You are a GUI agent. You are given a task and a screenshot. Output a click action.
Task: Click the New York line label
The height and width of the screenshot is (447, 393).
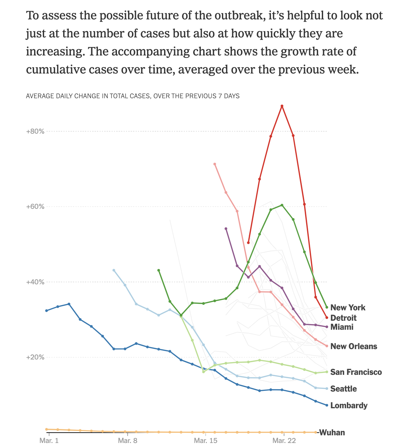(x=348, y=308)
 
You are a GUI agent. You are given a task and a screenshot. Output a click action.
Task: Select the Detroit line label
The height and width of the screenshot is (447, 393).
(x=343, y=318)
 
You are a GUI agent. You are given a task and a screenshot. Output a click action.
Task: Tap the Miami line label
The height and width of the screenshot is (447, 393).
(x=342, y=327)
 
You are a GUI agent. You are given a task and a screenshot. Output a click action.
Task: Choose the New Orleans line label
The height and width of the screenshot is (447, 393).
(x=354, y=346)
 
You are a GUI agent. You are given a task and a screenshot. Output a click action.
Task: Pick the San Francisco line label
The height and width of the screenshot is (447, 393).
(x=356, y=372)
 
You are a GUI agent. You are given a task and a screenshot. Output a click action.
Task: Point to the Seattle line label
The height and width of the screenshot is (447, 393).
(x=343, y=389)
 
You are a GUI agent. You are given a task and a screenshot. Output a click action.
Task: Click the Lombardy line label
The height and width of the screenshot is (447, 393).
(x=349, y=406)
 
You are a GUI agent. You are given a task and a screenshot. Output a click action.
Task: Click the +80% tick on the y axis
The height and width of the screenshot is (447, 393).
(x=35, y=131)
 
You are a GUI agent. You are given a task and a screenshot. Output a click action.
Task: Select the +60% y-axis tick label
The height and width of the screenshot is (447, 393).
(x=35, y=206)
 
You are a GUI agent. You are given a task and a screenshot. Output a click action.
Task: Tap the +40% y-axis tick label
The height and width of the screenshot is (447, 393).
(x=35, y=282)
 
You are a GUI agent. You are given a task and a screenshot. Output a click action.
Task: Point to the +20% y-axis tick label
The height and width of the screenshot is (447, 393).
(x=35, y=357)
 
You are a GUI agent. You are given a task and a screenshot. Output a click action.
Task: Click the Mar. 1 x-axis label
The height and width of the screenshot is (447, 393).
(x=49, y=441)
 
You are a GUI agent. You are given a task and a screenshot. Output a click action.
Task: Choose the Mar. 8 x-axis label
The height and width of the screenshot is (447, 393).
(x=127, y=441)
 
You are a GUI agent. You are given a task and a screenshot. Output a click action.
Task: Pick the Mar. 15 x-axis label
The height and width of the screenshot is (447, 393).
(x=206, y=441)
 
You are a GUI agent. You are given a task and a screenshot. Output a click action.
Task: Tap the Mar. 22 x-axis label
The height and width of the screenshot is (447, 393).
(x=284, y=441)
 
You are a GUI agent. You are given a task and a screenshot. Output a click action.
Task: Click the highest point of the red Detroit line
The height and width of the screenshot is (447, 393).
(x=282, y=106)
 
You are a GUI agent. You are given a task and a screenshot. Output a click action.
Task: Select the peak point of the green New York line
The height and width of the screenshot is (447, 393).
(x=282, y=205)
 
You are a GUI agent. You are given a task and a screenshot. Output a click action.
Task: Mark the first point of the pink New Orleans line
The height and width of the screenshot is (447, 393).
(x=215, y=164)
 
